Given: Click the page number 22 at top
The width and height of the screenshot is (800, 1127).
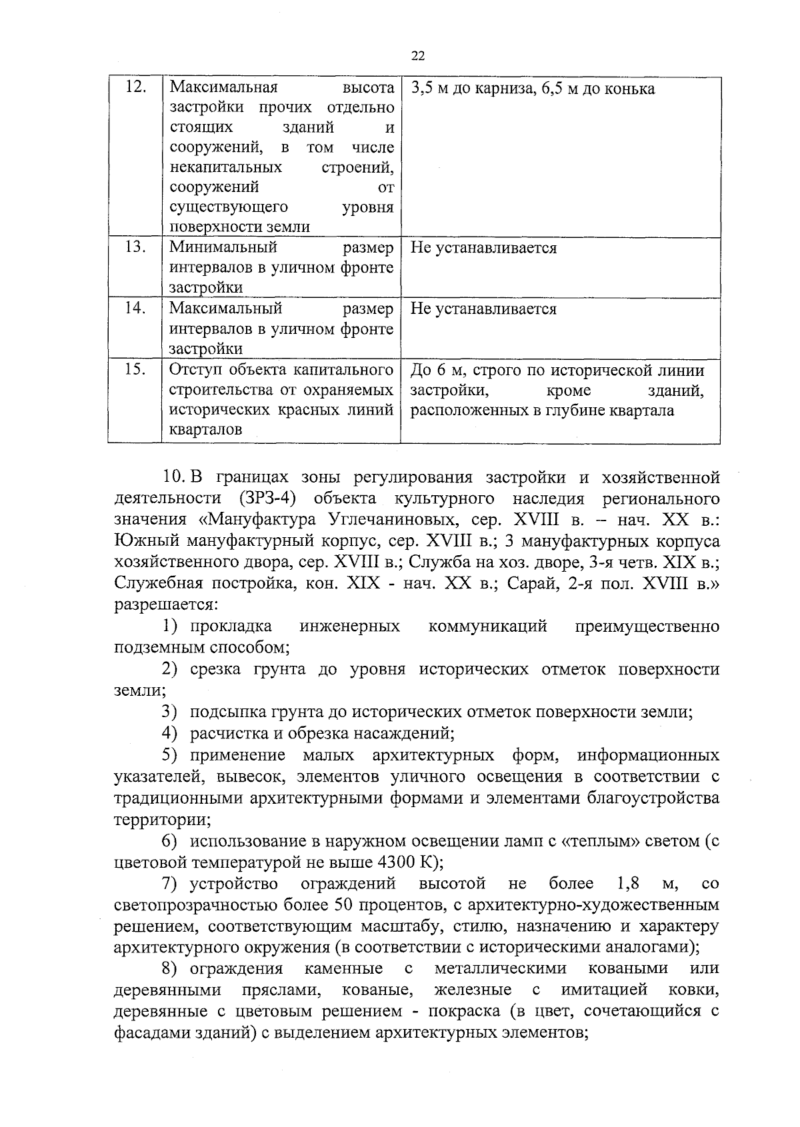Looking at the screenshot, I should coord(418,56).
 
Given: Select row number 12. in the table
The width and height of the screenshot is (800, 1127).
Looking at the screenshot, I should coord(135,87).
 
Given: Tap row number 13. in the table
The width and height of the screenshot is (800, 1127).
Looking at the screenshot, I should coord(135,247).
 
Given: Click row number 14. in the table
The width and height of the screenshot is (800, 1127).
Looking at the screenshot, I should coord(135,308).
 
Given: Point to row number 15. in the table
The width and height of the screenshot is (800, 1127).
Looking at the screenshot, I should coord(135,369).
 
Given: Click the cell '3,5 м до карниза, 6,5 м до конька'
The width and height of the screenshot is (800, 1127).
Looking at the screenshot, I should coord(532,89).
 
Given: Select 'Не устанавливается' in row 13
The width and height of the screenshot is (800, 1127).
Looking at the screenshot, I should coord(483,248).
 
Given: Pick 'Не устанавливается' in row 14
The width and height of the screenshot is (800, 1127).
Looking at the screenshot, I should coord(483,309).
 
